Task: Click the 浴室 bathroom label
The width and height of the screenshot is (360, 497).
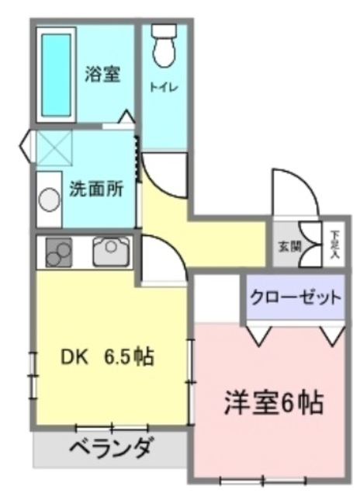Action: [x=102, y=75]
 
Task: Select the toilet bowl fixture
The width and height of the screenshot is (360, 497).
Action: [x=164, y=52]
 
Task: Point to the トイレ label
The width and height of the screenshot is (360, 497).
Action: [x=164, y=88]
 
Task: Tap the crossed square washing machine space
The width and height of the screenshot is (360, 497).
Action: [x=54, y=148]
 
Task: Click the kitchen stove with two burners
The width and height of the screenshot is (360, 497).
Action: [x=58, y=252]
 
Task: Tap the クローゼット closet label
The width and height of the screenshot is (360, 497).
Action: [x=295, y=297]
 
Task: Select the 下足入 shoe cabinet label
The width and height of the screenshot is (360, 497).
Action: [x=334, y=244]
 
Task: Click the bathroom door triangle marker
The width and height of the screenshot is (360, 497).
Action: [x=127, y=118]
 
